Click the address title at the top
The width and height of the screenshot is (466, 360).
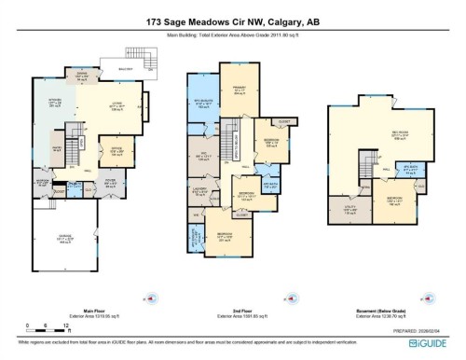(x=233, y=20)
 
